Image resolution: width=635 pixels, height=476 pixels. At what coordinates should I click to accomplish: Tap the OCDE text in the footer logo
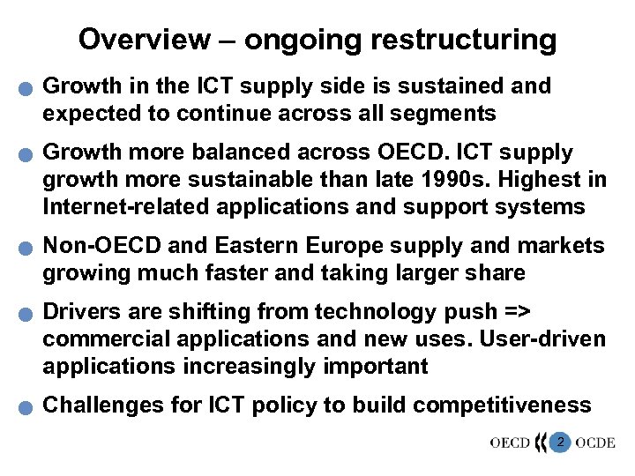tap(597, 443)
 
